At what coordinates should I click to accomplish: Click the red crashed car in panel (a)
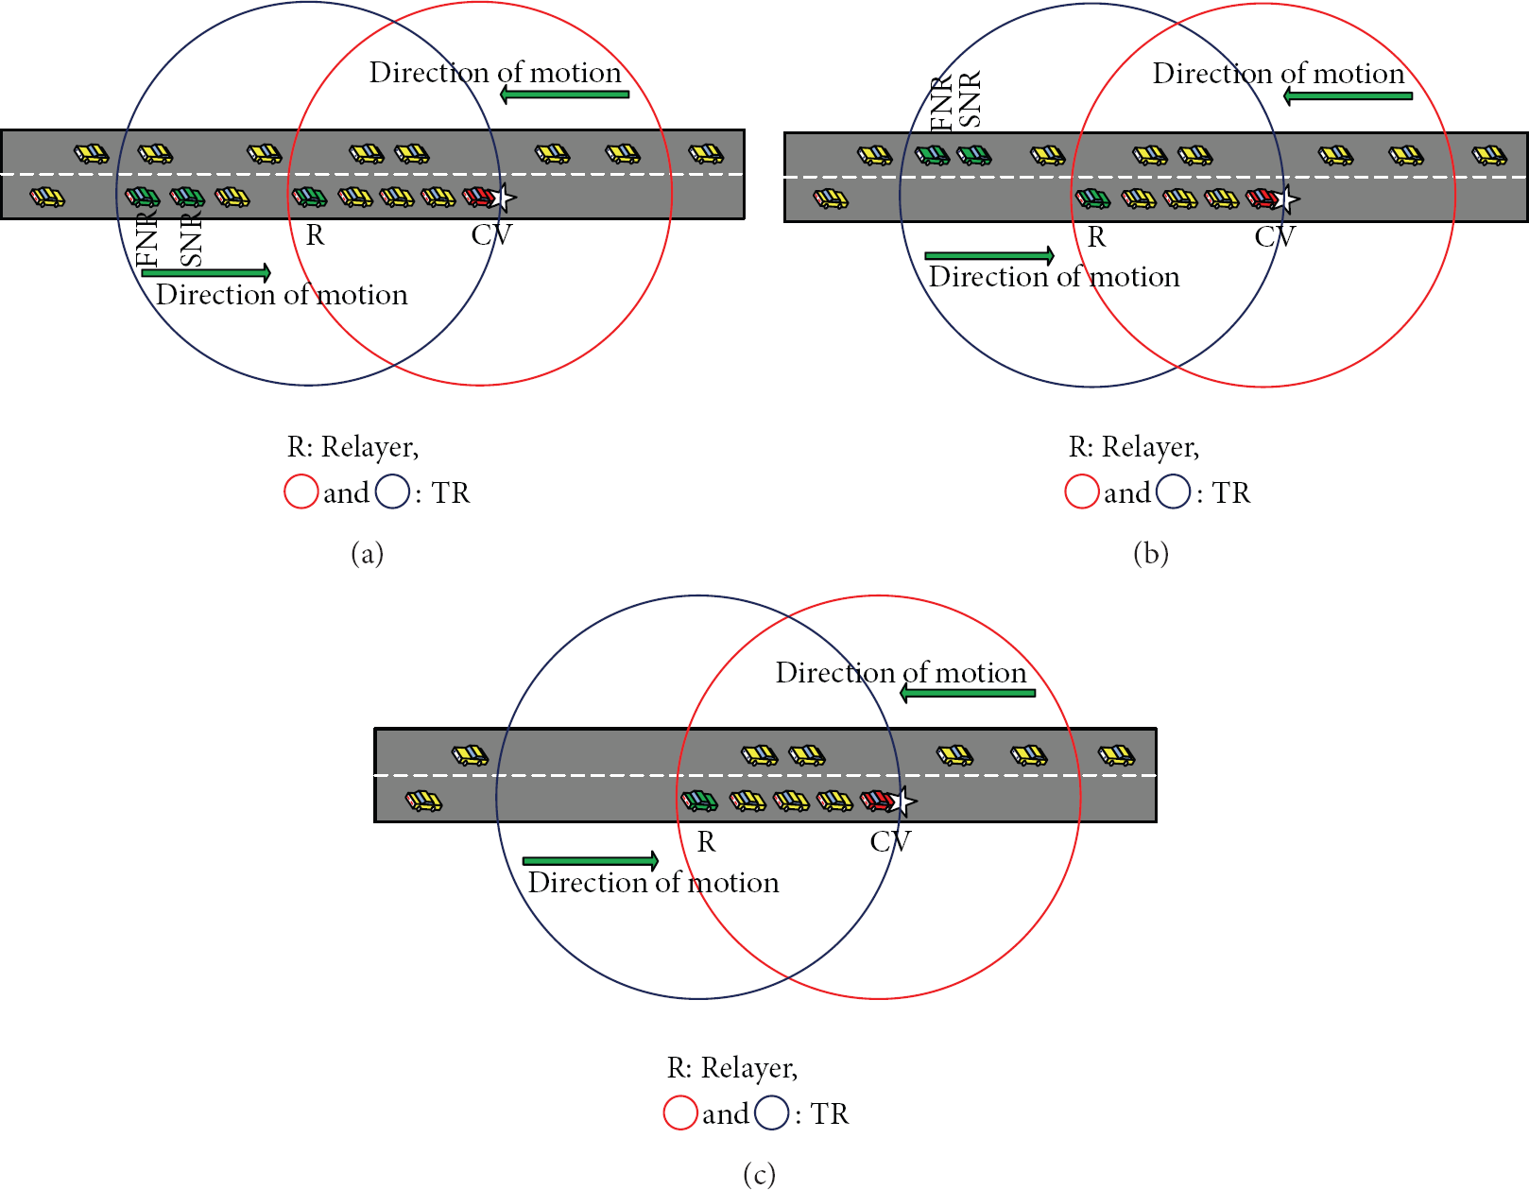[479, 197]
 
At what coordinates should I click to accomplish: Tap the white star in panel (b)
[1285, 199]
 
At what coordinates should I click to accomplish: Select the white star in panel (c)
[902, 801]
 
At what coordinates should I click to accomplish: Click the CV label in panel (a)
[491, 234]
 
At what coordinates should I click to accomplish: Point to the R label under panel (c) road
[706, 841]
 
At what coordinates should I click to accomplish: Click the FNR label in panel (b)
[941, 104]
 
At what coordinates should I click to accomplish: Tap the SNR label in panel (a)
[191, 239]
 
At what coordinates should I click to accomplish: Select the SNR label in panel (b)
[970, 99]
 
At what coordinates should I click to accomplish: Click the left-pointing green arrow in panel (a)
[564, 95]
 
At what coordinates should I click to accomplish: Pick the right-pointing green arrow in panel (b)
[989, 255]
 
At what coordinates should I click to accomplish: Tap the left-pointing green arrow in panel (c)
[968, 693]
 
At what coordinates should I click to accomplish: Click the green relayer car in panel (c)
[699, 801]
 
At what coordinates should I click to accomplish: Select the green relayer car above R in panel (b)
[1092, 198]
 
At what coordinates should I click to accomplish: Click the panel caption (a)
[368, 553]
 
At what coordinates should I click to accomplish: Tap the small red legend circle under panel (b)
[1082, 492]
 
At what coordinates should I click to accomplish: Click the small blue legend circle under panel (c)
[772, 1112]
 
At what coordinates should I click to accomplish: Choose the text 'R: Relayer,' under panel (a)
[352, 447]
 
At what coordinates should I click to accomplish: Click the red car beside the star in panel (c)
[877, 801]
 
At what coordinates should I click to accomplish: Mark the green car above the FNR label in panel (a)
[142, 197]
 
